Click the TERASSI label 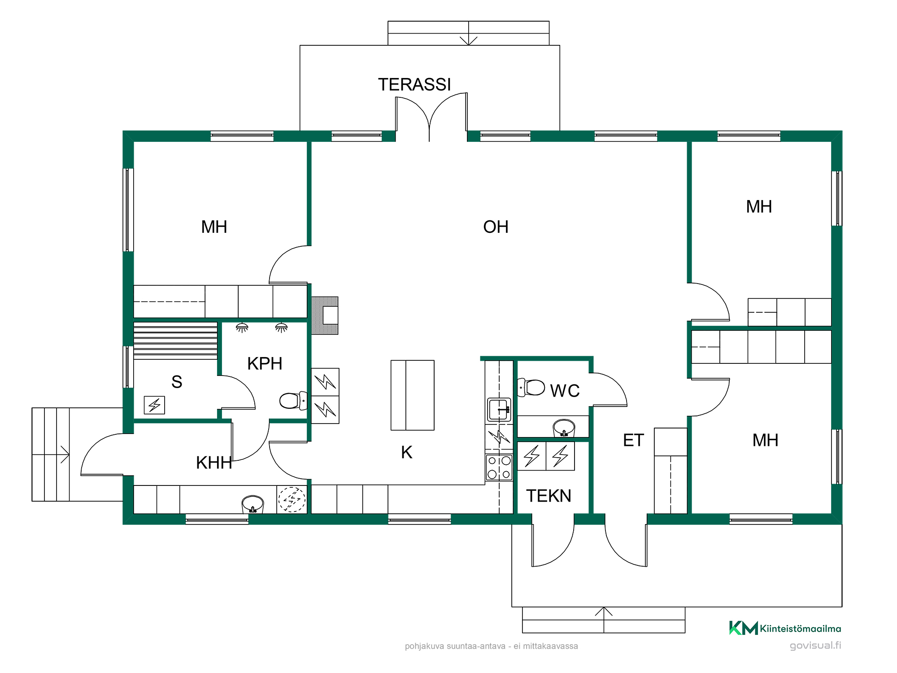414,84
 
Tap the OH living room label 496,227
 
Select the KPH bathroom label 265,363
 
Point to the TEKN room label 549,496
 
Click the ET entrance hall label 633,440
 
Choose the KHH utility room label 214,463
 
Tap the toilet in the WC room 531,387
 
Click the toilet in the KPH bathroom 293,401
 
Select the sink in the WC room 564,428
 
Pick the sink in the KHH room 253,504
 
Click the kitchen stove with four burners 499,467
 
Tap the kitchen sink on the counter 499,409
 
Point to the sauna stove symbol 154,405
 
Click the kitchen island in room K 412,395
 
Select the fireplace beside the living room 325,315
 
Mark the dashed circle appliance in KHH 292,499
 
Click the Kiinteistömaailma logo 785,628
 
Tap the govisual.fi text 815,645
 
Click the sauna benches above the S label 175,341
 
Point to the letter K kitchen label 406,452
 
